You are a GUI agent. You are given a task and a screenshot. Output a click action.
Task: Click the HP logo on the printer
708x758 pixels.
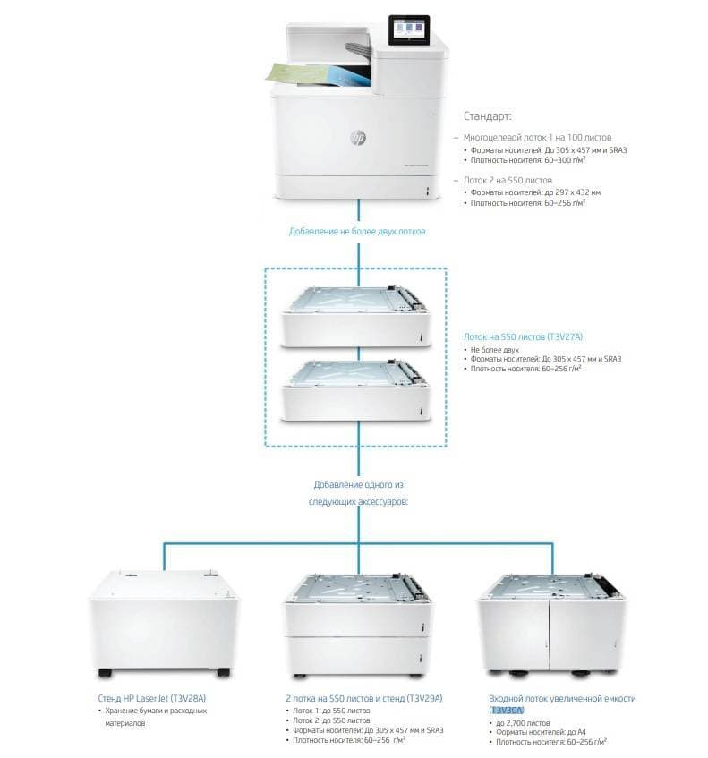[358, 138]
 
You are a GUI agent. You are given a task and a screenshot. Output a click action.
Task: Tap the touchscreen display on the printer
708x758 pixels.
[409, 29]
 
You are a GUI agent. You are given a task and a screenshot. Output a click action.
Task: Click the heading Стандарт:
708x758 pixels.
[488, 116]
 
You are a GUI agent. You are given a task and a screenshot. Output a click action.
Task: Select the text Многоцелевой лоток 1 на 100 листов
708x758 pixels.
[537, 137]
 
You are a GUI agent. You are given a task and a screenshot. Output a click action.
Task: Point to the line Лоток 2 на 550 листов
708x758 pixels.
[508, 180]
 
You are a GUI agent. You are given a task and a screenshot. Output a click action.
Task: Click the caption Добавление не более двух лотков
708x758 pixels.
[357, 232]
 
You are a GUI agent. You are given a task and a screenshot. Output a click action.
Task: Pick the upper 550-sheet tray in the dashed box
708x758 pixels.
[356, 316]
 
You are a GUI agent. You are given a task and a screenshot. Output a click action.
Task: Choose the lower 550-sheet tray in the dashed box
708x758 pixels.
[356, 390]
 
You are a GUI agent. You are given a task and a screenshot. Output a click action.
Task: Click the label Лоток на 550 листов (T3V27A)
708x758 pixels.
[524, 337]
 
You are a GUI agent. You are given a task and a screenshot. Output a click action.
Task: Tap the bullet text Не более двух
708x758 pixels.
[495, 350]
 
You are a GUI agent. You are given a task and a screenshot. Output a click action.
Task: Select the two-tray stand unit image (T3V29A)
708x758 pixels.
[357, 626]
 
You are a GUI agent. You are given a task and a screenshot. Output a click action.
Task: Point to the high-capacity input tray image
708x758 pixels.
[551, 624]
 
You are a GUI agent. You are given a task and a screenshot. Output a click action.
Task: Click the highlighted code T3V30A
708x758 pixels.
[507, 711]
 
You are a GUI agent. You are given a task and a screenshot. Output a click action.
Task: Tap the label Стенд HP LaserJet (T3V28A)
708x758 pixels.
[152, 699]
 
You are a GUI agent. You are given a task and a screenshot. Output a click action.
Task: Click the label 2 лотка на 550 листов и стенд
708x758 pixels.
[345, 699]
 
